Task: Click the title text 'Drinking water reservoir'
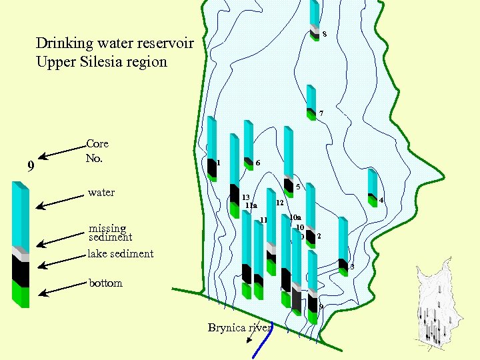(x=115, y=44)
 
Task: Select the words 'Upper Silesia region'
(x=101, y=62)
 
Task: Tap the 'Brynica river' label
(x=239, y=327)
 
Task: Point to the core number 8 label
(x=324, y=35)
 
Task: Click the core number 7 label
(x=321, y=113)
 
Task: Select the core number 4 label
(x=381, y=201)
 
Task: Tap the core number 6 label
(x=258, y=163)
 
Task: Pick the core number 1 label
(x=219, y=163)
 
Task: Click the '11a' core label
(x=251, y=206)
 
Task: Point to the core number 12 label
(x=280, y=202)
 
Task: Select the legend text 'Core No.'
(x=97, y=151)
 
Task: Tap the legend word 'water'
(x=101, y=193)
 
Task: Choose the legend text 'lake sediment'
(x=121, y=253)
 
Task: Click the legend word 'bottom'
(x=106, y=283)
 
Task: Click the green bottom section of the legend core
(x=21, y=293)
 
